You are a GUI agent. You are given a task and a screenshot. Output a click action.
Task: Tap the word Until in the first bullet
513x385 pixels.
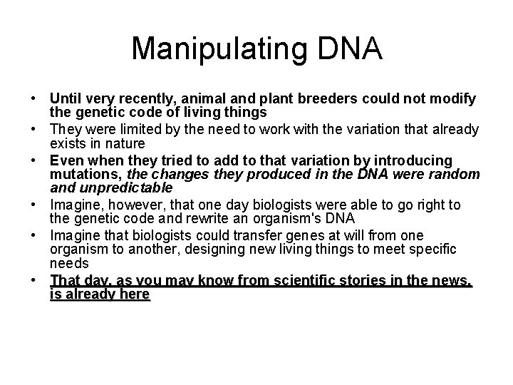pos(65,98)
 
